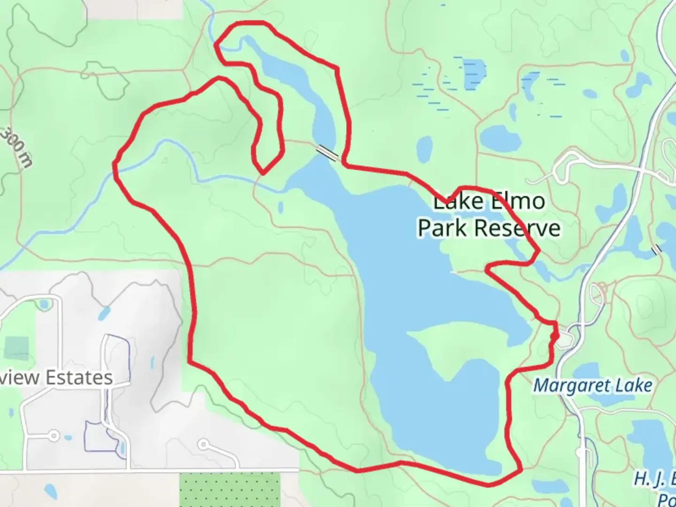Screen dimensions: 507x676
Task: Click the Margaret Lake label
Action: pos(593,386)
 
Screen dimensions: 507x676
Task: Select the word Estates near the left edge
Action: pos(78,377)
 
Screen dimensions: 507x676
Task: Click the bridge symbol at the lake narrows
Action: pos(327,153)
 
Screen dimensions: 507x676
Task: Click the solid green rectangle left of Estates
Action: pos(16,348)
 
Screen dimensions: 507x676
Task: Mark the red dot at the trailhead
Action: pos(554,336)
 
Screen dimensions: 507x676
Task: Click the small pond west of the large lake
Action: pos(281,207)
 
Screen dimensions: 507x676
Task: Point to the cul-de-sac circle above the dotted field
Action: pos(203,444)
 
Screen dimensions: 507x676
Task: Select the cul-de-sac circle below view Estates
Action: pos(54,435)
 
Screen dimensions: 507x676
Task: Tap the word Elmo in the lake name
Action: pos(516,201)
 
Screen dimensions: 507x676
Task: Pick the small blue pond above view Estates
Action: pos(104,312)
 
